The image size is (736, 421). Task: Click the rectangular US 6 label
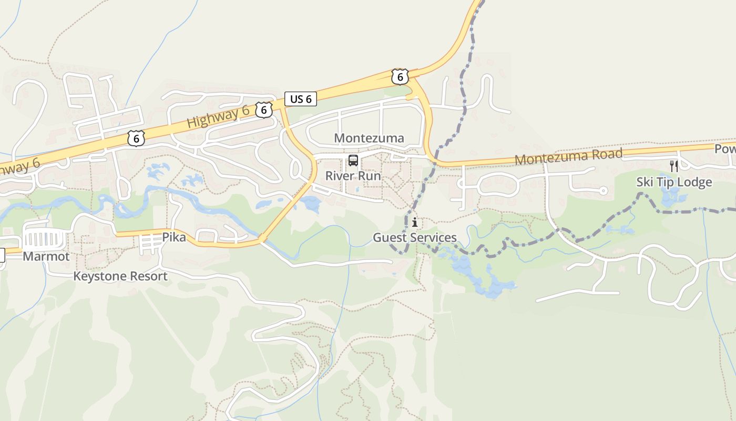301,98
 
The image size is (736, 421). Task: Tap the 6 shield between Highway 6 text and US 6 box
264,110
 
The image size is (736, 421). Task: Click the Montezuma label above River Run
369,138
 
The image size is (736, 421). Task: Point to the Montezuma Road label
568,156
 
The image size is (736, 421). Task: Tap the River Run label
353,176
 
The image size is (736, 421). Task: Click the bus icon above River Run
353,161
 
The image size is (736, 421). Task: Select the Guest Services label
415,237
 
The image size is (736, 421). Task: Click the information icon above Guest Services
415,223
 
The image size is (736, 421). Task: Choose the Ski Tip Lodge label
674,182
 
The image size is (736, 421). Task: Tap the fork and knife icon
674,166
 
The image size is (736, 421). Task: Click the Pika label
174,237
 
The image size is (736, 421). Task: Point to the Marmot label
46,256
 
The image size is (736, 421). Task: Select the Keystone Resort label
120,276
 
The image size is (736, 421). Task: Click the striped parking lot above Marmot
44,239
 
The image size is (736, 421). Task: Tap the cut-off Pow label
725,149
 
